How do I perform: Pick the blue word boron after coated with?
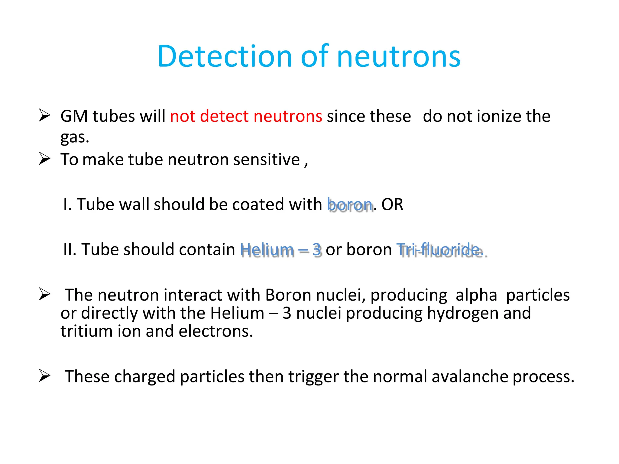(350, 205)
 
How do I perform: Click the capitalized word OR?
(392, 205)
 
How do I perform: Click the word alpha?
(476, 295)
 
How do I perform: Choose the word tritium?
(86, 331)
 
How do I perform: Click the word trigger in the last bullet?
(313, 377)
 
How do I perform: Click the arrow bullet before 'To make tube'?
(44, 159)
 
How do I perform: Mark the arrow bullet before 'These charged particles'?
(44, 376)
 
